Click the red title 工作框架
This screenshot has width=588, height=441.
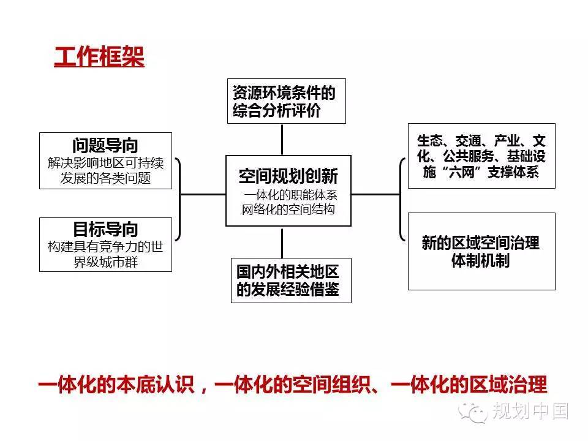[99, 57]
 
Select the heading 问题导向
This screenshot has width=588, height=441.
[105, 146]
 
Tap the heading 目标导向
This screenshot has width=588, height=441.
[105, 228]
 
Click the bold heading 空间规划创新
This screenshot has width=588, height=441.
[288, 176]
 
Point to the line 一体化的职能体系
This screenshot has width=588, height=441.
[290, 195]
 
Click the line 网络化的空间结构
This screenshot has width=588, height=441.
[288, 209]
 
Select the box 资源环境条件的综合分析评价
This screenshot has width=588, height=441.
[287, 101]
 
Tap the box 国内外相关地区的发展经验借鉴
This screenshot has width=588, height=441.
[291, 280]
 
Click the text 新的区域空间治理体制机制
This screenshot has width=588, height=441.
[481, 251]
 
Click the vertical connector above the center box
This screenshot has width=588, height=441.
[282, 140]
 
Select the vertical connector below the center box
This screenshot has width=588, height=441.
[282, 243]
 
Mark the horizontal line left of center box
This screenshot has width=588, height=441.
[203, 194]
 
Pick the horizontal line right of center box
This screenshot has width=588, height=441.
[375, 194]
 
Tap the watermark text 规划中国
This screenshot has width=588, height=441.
[530, 410]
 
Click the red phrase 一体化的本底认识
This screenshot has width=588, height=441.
[116, 385]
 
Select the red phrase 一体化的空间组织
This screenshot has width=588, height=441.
[293, 385]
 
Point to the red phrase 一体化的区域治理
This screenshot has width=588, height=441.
[469, 385]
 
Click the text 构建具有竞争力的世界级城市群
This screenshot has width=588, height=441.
[105, 254]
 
